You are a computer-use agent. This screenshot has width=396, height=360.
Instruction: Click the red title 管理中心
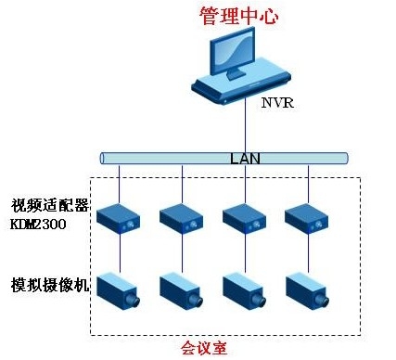click(238, 17)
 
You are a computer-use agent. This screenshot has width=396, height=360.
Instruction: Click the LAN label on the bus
click(245, 158)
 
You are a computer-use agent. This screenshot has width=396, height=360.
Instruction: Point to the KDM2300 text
click(42, 224)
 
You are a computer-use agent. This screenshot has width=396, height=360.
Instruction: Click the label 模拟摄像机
click(50, 284)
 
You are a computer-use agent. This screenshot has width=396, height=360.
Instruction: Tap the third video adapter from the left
click(245, 219)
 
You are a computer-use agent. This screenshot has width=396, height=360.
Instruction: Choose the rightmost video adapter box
click(307, 219)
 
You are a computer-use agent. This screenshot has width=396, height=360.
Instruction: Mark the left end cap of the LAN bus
click(104, 158)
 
